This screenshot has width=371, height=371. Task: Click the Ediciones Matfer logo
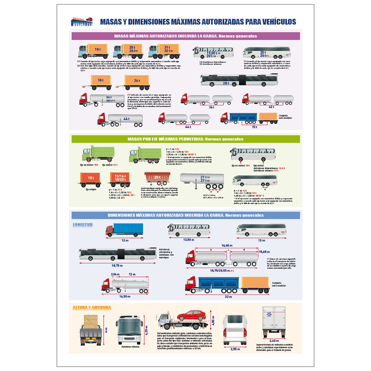[82, 22]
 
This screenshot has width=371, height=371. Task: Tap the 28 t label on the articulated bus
[226, 83]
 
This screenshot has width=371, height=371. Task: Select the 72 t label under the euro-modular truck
[254, 127]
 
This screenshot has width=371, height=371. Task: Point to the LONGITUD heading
[83, 225]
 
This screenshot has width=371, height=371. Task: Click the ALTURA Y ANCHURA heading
[92, 308]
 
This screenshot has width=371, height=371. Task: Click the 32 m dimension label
[228, 297]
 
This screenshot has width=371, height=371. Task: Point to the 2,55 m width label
[235, 349]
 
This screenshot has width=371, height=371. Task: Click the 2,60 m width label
[274, 341]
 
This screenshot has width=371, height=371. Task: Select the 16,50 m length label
[125, 296]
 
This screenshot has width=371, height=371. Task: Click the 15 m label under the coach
[262, 240]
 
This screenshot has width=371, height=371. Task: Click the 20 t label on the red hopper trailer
[157, 177]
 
